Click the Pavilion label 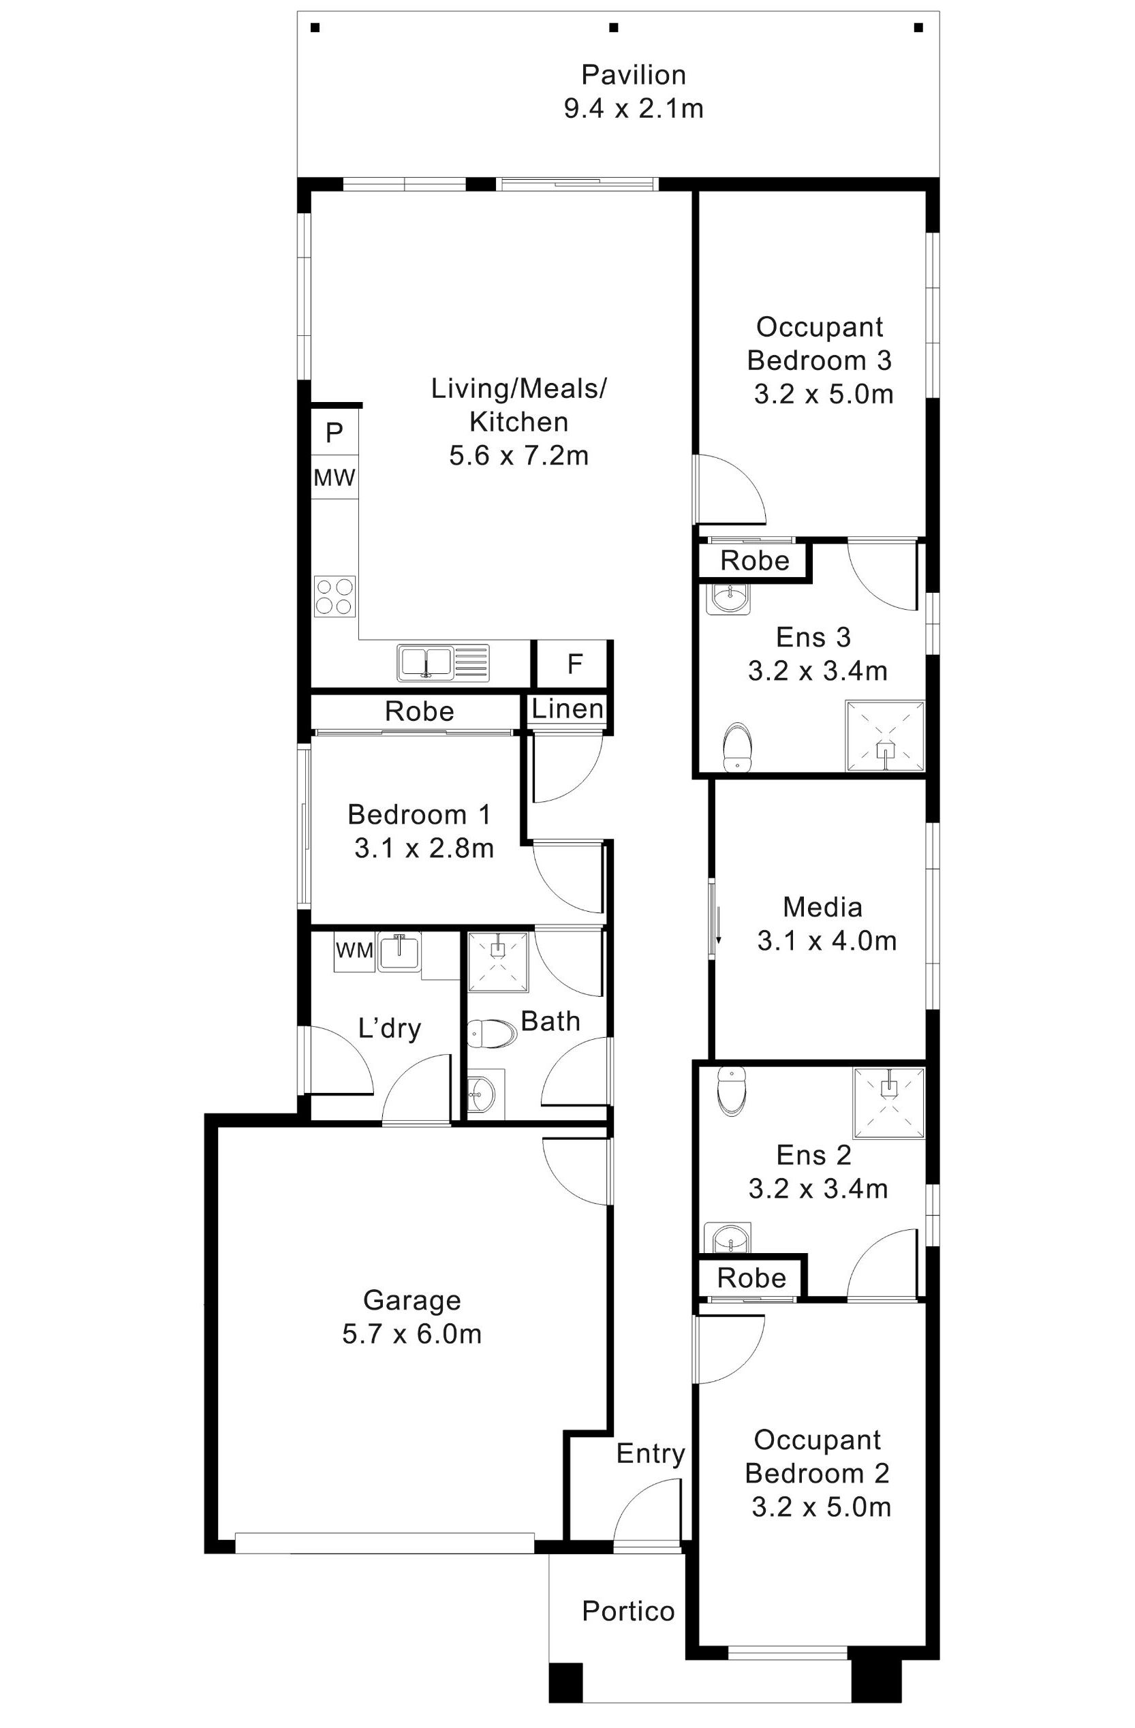[x=633, y=75]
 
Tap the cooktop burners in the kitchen [x=335, y=596]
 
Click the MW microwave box [x=335, y=478]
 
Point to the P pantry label [x=334, y=433]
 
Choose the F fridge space [x=574, y=664]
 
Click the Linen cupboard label [x=567, y=709]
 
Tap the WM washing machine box [x=354, y=950]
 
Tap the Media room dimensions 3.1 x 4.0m [x=826, y=941]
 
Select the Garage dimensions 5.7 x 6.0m [x=411, y=1333]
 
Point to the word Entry [x=650, y=1453]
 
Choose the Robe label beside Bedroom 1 [x=419, y=711]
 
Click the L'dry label [x=390, y=1028]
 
